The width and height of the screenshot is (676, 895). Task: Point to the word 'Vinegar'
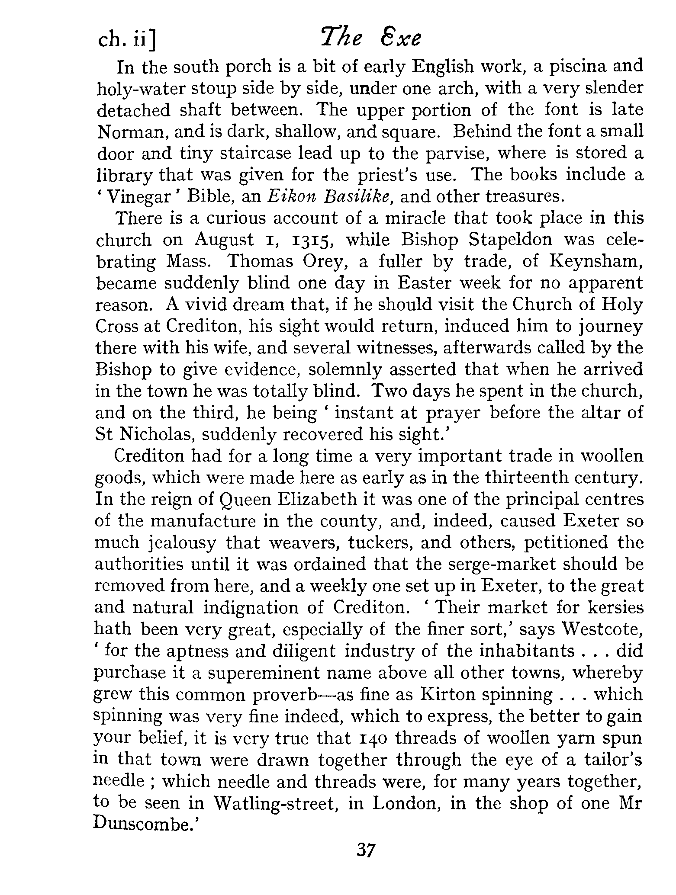(x=139, y=197)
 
